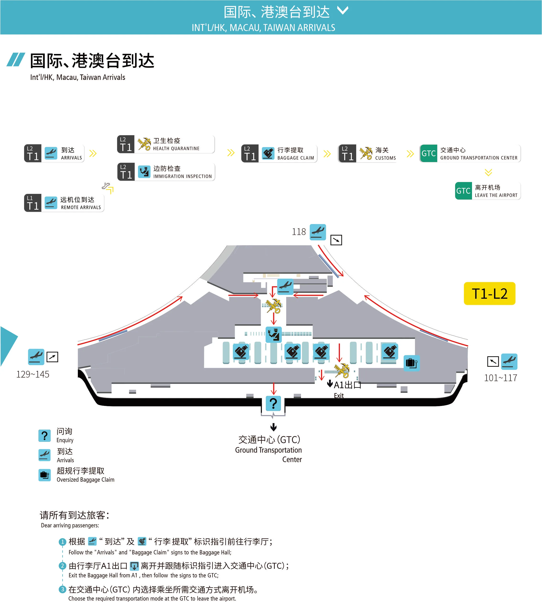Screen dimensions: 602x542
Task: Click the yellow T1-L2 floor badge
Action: pos(489,293)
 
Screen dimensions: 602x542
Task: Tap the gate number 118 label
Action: pos(299,232)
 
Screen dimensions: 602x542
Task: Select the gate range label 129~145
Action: pos(33,374)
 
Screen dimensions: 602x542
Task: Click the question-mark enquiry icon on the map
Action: pos(273,403)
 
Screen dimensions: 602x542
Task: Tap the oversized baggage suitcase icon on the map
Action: pos(411,363)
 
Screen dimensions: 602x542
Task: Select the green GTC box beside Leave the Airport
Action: pos(463,191)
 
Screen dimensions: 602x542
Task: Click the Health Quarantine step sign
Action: pos(166,144)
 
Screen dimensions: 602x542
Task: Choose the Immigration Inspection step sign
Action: pos(166,172)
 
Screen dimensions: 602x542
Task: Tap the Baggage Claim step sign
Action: pos(279,153)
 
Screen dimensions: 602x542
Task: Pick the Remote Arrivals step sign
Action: pos(64,203)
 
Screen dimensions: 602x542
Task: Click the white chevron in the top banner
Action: pos(343,11)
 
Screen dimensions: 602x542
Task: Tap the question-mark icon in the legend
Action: pos(44,436)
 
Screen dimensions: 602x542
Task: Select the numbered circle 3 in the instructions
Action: pos(62,589)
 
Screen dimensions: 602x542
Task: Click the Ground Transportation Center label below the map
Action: pos(269,450)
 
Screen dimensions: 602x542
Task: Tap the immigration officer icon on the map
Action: pos(273,334)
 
